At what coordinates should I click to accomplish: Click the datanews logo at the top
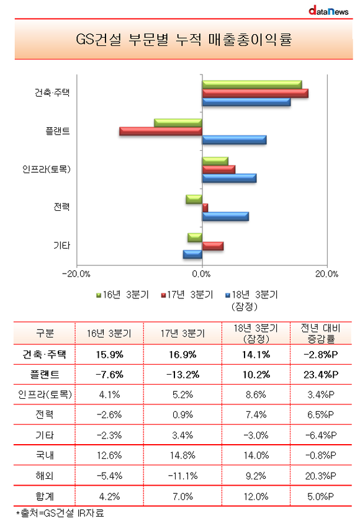tap(328, 11)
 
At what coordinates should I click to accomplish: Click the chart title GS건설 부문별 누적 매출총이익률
tap(184, 40)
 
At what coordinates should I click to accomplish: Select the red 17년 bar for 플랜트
tap(161, 131)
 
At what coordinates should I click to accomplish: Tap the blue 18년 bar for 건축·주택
tap(246, 102)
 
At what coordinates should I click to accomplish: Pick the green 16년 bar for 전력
tap(194, 199)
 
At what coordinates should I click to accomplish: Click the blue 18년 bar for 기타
tap(192, 254)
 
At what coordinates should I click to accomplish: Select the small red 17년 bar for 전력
tap(205, 208)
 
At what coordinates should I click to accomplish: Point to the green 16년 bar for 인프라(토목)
tap(215, 161)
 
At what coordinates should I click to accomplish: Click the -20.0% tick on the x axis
tap(76, 274)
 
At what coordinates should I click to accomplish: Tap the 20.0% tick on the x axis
tap(326, 274)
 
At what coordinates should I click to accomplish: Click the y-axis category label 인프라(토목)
tap(47, 169)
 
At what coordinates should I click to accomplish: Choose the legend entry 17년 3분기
tap(187, 295)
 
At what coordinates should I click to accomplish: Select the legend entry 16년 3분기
tap(122, 295)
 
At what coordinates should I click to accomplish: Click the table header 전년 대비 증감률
tap(321, 334)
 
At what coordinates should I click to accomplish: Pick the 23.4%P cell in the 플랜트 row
tap(321, 375)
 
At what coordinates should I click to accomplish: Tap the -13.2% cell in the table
tap(182, 375)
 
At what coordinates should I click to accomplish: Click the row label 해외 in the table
tap(44, 476)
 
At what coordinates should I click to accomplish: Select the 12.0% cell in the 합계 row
tap(256, 496)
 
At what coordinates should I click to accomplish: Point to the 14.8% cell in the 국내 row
tap(182, 455)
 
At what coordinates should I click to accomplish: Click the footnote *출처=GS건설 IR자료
tap(60, 513)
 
